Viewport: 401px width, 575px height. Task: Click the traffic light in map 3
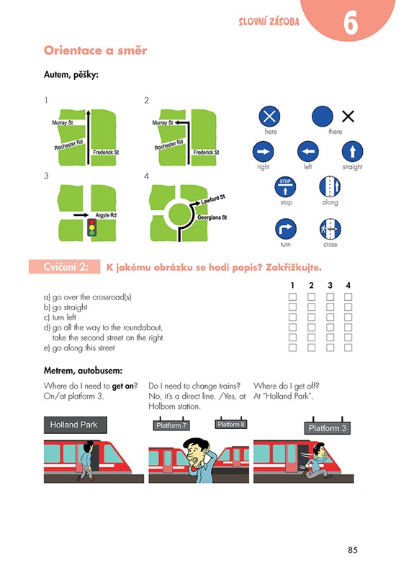tap(91, 227)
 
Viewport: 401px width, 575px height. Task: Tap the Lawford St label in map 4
tap(213, 199)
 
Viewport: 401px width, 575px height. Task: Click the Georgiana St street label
tap(212, 217)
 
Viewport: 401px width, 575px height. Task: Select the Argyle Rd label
tap(106, 215)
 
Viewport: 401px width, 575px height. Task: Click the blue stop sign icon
tap(285, 186)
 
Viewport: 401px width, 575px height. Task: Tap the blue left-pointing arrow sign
tap(308, 151)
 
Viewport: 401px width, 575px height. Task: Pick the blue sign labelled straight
tap(352, 151)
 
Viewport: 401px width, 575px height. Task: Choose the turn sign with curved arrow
tap(285, 229)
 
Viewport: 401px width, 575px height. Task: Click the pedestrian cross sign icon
tap(330, 229)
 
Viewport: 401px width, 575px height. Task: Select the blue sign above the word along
tap(330, 186)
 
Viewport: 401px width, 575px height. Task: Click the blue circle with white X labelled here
tap(270, 117)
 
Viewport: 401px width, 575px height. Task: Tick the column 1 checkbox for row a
tap(292, 296)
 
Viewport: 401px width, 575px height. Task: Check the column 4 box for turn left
tap(348, 317)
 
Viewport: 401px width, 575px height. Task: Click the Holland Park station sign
tap(75, 425)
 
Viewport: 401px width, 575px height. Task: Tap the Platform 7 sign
tap(171, 425)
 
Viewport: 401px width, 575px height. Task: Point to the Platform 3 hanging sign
tap(328, 428)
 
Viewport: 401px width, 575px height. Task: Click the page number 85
tap(353, 550)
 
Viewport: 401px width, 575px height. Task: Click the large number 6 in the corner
tap(351, 23)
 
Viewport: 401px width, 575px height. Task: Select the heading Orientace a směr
tap(95, 50)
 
